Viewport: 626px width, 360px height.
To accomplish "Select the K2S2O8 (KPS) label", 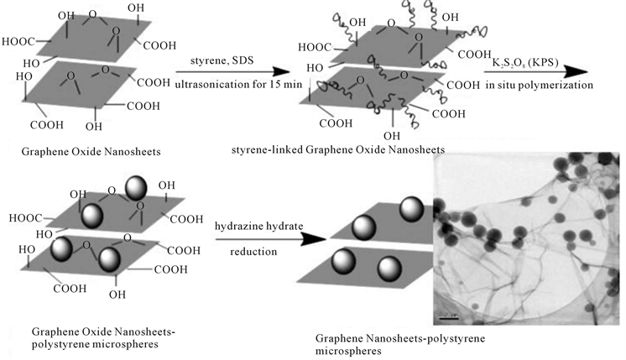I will click(526, 65).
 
